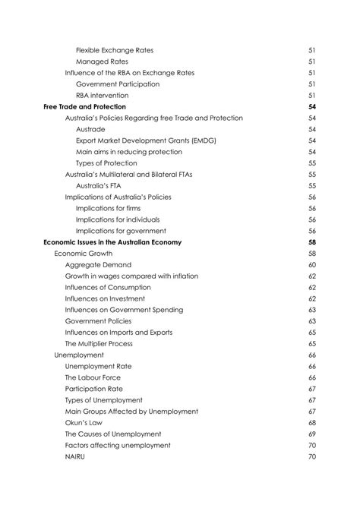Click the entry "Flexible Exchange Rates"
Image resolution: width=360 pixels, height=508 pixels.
pos(114,50)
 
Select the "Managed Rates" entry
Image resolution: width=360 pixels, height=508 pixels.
pos(102,62)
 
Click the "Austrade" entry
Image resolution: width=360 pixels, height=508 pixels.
pos(90,129)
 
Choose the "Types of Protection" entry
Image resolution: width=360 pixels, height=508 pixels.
pos(106,163)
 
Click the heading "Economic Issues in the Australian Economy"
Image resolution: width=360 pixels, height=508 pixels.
pos(112,242)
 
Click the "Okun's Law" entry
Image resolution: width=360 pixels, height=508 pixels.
pos(84,422)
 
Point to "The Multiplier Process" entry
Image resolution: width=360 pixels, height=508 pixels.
pos(99,343)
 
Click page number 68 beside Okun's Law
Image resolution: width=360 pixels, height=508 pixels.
pos(311,422)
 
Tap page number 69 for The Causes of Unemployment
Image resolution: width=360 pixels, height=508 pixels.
pos(311,434)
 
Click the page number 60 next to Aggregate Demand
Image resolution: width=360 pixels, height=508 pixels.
pos(311,265)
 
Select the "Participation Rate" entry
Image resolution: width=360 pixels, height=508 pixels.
pos(94,389)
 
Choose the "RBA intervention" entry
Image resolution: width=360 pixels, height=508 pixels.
pos(102,96)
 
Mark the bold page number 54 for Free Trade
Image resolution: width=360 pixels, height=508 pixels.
pos(311,107)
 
